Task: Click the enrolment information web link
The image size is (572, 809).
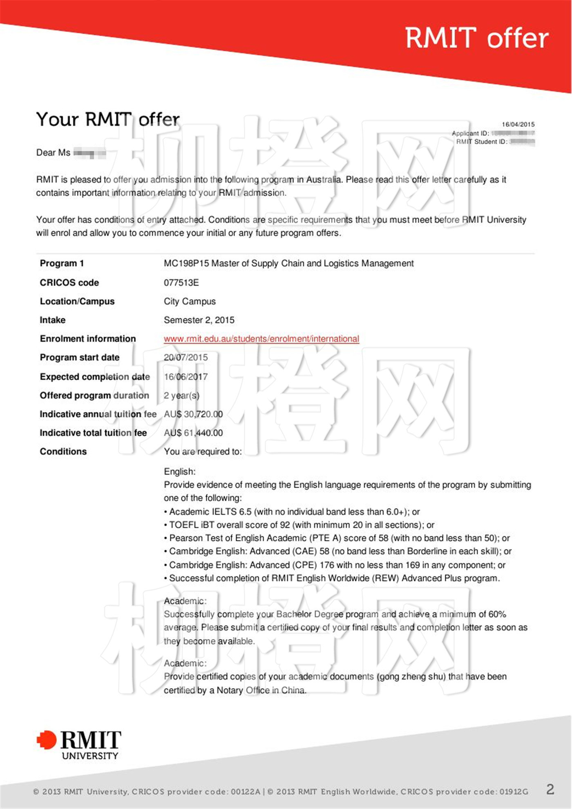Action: coord(261,339)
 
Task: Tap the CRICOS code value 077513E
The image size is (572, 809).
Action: coord(181,283)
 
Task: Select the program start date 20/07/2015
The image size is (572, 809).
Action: coord(185,357)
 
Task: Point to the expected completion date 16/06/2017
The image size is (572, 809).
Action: coord(185,377)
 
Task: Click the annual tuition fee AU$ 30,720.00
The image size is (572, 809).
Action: coord(193,414)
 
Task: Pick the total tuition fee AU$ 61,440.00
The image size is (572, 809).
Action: coord(193,433)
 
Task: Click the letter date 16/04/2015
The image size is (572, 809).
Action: coord(518,124)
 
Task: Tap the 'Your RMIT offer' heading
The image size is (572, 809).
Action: coord(108,119)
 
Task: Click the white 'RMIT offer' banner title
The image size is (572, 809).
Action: coord(476,38)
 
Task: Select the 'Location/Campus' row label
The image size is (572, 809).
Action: coord(77,301)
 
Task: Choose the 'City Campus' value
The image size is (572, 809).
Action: coord(190,301)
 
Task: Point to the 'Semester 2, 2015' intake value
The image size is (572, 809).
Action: coord(199,320)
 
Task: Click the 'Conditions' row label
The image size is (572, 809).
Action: coord(63,452)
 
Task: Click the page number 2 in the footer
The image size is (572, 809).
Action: coord(550,789)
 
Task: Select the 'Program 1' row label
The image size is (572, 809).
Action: coord(62,263)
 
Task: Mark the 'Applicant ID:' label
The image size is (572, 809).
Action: coord(470,133)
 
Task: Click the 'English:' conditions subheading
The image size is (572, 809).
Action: coord(180,472)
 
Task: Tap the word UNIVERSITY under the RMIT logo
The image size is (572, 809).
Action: coord(90,756)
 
